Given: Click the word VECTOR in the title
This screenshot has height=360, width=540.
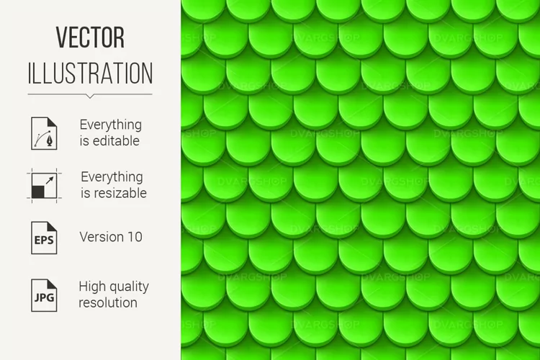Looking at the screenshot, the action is tap(90, 37).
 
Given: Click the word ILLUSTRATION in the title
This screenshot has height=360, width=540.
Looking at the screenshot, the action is tap(90, 73).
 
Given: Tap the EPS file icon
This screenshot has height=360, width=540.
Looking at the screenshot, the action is tap(44, 238).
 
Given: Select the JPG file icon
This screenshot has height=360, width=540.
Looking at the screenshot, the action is tap(44, 295).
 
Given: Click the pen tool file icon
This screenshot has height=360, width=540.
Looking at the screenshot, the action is tap(44, 133).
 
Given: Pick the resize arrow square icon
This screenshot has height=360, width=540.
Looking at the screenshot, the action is tap(44, 186).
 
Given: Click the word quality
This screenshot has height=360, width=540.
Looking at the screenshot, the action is tap(129, 287).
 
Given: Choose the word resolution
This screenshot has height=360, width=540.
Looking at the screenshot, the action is tap(108, 303).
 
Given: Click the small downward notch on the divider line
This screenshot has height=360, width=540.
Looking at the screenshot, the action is tap(90, 96).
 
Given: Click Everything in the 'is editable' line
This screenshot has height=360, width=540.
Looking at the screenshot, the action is tap(111, 125).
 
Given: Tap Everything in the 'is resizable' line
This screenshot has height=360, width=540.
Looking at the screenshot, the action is tap(112, 177).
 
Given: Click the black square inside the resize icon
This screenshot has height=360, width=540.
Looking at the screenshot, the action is tap(38, 192).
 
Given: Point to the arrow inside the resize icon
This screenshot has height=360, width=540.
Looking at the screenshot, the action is tap(50, 180).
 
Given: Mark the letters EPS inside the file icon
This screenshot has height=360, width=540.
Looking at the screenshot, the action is tap(44, 240).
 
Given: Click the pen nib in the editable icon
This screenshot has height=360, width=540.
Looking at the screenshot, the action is tap(50, 140).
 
